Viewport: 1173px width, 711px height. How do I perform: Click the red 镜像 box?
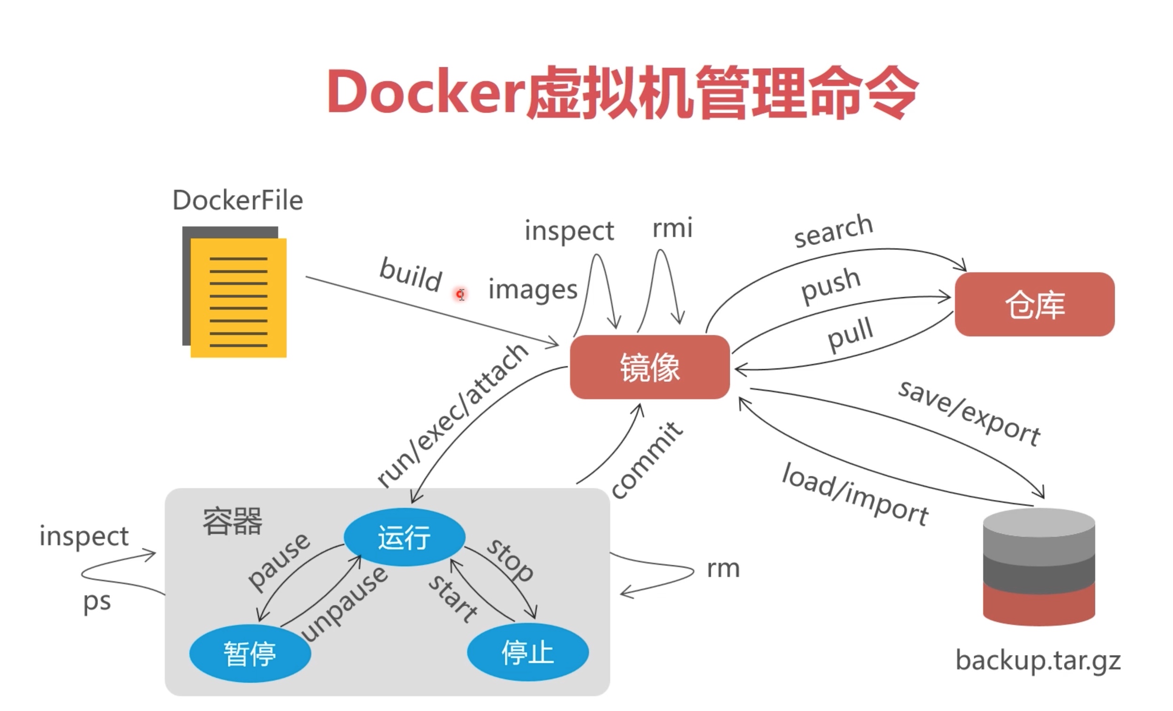(650, 367)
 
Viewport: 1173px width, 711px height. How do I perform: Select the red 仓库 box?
(1034, 304)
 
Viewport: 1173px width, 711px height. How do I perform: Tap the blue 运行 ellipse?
(405, 537)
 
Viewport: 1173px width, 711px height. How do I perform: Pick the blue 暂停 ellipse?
(250, 653)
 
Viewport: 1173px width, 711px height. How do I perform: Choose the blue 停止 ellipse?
(528, 652)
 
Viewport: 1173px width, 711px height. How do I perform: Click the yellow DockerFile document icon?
(235, 292)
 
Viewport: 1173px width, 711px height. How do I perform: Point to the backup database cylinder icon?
(1039, 567)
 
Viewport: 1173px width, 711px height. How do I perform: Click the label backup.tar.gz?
(1038, 661)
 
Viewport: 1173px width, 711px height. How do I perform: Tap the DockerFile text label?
(237, 200)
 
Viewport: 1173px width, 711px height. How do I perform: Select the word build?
(411, 275)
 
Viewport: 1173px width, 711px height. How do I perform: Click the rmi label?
(672, 228)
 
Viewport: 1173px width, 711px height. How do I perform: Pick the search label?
(834, 230)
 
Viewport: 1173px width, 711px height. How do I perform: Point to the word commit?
(647, 460)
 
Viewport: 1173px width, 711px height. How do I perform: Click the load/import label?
(855, 494)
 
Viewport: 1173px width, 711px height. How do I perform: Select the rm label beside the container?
(723, 569)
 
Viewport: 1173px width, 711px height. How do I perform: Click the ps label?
(97, 602)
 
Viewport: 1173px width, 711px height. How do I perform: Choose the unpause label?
(344, 604)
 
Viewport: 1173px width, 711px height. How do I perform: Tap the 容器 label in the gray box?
(232, 521)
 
